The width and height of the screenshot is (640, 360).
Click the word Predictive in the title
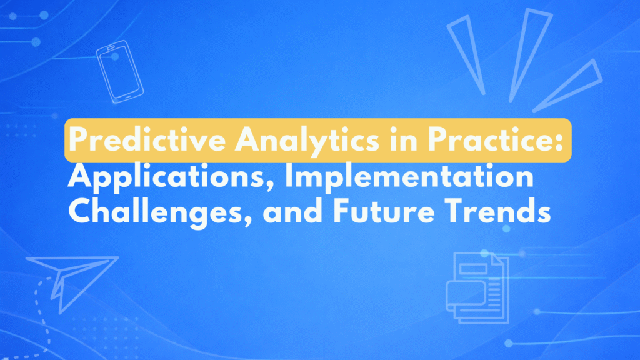click(147, 139)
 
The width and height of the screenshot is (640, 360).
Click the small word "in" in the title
click(404, 139)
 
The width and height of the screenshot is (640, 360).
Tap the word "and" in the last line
click(292, 211)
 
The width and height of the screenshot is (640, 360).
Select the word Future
click(384, 211)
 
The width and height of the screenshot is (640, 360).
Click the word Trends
click(498, 211)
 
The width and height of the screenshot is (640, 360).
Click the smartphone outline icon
click(120, 71)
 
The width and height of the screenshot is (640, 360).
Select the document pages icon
click(477, 287)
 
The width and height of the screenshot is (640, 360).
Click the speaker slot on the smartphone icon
click(111, 48)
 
